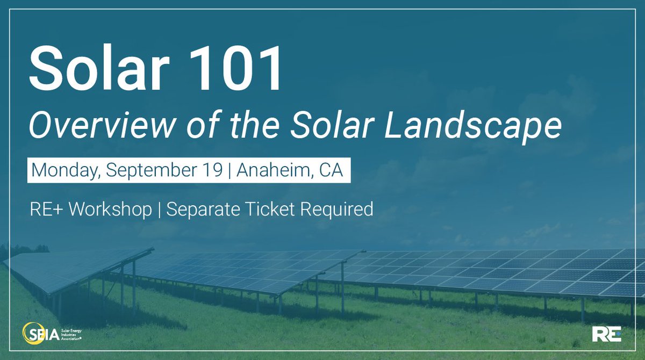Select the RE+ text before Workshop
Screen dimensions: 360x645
click(45, 209)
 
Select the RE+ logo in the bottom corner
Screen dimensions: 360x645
click(606, 335)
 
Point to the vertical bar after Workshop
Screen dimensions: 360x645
click(160, 210)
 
